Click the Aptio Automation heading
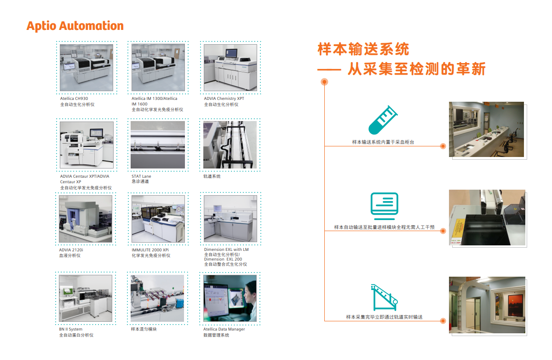pos(75,26)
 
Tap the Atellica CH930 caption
pos(74,99)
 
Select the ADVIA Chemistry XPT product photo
pos(230,68)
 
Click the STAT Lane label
pos(141,176)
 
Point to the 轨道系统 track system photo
pos(230,145)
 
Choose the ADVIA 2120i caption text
pos(71,250)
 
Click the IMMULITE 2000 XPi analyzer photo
pos(158,219)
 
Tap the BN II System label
pos(71,329)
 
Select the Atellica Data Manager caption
pos(224,329)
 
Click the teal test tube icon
pos(383,120)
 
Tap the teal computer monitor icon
pos(385,206)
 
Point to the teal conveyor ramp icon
pos(385,297)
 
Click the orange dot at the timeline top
pos(325,82)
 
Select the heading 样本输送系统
pos(363,49)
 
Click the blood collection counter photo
pos(487,129)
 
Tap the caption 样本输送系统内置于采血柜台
pos(383,142)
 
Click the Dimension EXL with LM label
pos(226,250)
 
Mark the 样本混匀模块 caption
pos(144,329)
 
